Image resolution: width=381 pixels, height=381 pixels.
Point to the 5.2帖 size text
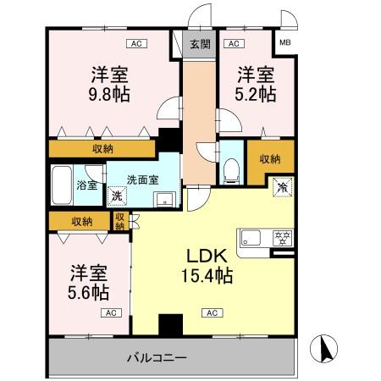(x=256, y=93)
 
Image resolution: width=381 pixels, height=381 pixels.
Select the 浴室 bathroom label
(x=86, y=185)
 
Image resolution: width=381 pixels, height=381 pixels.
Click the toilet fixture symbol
(x=231, y=168)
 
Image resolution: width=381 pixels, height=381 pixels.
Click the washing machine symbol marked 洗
(x=117, y=196)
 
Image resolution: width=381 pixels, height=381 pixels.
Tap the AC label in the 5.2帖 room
(x=233, y=42)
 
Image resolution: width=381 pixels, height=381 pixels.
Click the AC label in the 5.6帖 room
(x=108, y=313)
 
